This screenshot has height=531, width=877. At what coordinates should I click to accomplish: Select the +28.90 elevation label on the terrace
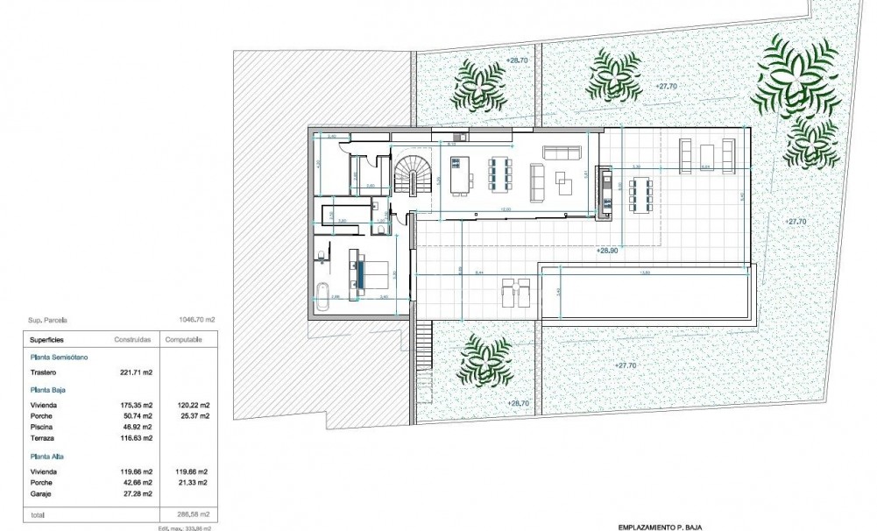(x=607, y=251)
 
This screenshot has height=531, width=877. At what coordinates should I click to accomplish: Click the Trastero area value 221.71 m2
(x=137, y=372)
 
